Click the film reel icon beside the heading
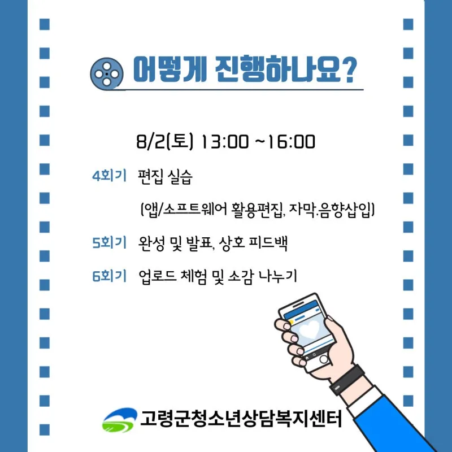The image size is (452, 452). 106,73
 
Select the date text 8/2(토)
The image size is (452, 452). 164,142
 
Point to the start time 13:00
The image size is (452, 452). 224,142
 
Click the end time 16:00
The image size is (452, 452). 291,142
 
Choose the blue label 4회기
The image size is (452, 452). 109,175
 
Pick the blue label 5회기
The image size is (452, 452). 109,242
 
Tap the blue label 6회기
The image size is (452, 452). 109,276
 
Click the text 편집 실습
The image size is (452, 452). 165,176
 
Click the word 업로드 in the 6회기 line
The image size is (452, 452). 158,277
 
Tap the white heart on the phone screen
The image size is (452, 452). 309,329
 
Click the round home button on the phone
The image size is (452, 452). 324,359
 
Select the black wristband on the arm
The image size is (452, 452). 347,380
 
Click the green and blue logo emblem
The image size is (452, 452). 120,420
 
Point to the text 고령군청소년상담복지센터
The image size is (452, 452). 241,419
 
